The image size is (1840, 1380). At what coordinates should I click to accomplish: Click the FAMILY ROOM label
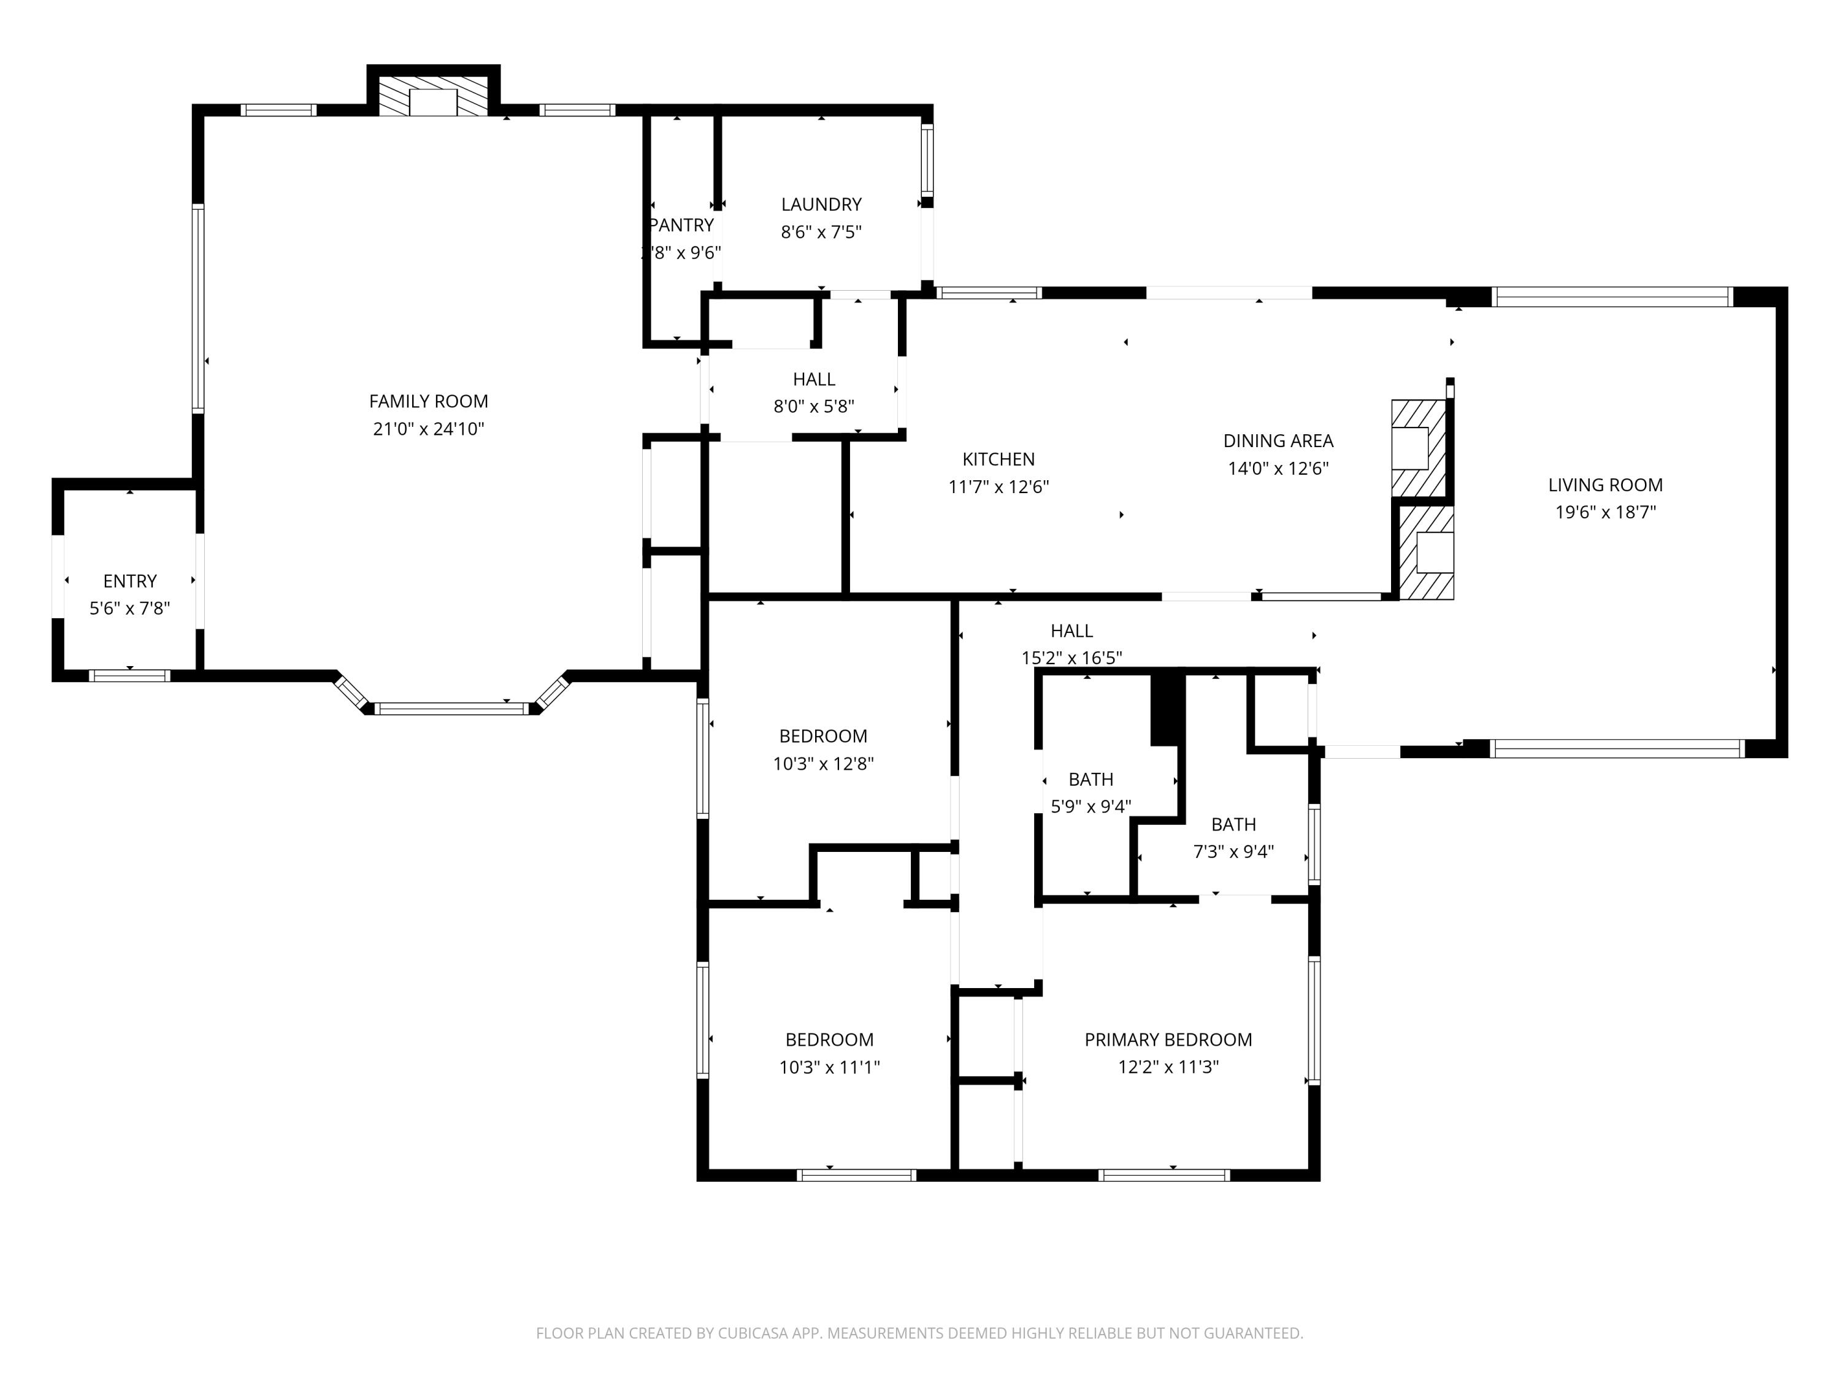[428, 402]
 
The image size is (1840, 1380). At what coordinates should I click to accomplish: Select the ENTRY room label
[130, 581]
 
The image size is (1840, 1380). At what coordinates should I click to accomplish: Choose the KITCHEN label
[998, 459]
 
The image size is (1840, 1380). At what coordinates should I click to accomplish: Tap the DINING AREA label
[1278, 441]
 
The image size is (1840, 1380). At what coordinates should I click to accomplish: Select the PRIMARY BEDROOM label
[1168, 1040]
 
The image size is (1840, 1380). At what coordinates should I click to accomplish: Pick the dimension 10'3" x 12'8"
[822, 764]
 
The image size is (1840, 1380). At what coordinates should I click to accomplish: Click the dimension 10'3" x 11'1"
[829, 1067]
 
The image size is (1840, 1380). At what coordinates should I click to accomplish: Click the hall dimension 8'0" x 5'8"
[813, 407]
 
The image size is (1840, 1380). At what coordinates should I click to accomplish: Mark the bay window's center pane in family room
[451, 709]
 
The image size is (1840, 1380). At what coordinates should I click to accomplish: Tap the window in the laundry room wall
[927, 158]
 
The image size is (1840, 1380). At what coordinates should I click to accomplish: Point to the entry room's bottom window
[130, 675]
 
